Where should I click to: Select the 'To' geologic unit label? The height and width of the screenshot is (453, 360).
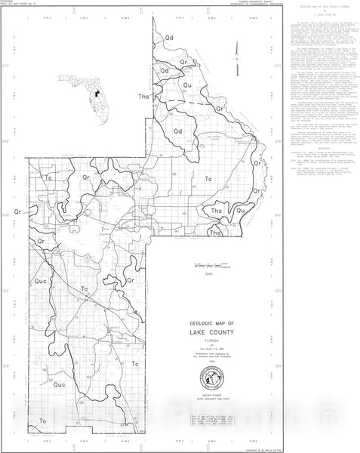click(42, 419)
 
